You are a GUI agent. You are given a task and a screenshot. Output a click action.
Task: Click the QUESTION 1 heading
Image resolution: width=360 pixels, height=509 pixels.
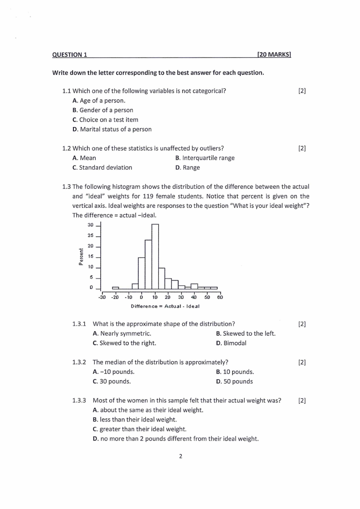pyautogui.click(x=70, y=55)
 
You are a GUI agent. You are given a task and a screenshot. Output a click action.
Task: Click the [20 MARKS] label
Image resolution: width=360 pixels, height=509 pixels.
pyautogui.click(x=273, y=55)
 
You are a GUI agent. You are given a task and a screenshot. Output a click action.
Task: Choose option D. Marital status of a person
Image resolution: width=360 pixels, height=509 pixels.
pyautogui.click(x=112, y=129)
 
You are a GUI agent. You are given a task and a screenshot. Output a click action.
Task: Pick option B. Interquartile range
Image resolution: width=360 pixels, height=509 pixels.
pyautogui.click(x=204, y=158)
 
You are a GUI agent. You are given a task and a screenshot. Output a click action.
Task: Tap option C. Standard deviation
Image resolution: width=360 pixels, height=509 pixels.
pyautogui.click(x=102, y=167)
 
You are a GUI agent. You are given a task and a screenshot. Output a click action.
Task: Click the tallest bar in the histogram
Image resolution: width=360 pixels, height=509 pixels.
pyautogui.click(x=155, y=256)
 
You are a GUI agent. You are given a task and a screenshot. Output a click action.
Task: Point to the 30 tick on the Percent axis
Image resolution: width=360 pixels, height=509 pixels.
pyautogui.click(x=90, y=225)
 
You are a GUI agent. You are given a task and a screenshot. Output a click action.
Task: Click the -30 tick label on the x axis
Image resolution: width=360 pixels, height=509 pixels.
pyautogui.click(x=102, y=298)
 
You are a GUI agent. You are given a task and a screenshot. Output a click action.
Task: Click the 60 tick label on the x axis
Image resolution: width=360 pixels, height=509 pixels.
pyautogui.click(x=220, y=298)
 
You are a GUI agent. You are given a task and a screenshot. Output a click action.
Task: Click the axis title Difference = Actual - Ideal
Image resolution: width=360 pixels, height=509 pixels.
pyautogui.click(x=165, y=306)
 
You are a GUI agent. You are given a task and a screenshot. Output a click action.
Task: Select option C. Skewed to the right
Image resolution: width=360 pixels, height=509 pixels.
pyautogui.click(x=124, y=343)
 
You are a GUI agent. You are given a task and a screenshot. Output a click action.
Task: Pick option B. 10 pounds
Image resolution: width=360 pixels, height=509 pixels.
pyautogui.click(x=235, y=372)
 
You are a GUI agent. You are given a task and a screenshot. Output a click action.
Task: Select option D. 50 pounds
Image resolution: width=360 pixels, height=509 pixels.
pyautogui.click(x=234, y=382)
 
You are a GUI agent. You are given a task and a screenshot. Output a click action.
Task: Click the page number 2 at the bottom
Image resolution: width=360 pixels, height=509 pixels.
pyautogui.click(x=180, y=456)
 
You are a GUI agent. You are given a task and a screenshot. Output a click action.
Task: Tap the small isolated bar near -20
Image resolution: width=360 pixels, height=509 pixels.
pyautogui.click(x=116, y=288)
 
